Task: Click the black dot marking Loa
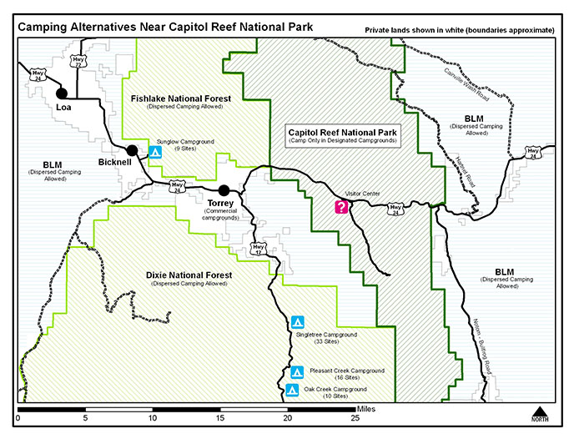pos(61,93)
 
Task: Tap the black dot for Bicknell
pos(132,151)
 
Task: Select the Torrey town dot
pos(224,189)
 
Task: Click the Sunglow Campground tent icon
pos(154,152)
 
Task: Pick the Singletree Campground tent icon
pos(298,322)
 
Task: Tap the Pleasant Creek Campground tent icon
pos(296,372)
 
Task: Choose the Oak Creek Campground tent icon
pos(292,390)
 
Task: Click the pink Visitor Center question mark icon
pos(340,207)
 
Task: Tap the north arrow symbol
pos(540,413)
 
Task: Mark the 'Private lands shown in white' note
pos(459,30)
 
